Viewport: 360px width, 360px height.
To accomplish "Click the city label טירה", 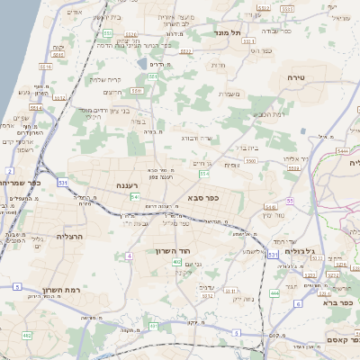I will tap(295, 78).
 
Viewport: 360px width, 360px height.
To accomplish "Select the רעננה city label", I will tap(128, 184).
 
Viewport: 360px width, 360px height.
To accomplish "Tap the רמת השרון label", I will tap(59, 290).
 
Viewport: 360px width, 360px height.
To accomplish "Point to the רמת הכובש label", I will tap(269, 114).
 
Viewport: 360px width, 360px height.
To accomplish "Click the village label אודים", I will tap(75, 13).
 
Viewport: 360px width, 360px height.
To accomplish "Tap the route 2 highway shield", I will tap(9, 169).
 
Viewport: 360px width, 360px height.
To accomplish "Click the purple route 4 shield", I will tap(130, 256).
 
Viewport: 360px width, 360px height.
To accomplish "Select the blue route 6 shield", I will tap(298, 303).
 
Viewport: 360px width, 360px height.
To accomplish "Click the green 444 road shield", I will tap(274, 293).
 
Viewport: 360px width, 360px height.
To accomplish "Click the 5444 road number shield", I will tap(343, 151).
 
